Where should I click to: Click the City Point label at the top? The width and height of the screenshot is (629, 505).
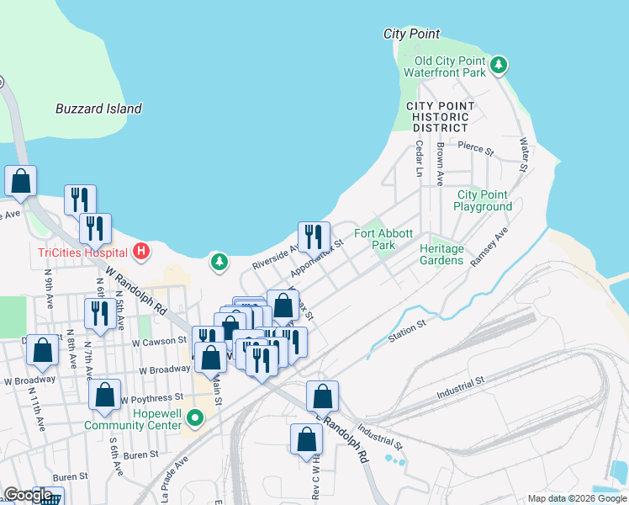pyautogui.click(x=411, y=34)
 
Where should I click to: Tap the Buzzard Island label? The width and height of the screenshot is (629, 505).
pyautogui.click(x=98, y=109)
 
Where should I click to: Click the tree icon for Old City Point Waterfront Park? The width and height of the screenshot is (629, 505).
pyautogui.click(x=499, y=65)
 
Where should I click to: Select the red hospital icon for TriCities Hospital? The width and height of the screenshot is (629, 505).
pyautogui.click(x=141, y=251)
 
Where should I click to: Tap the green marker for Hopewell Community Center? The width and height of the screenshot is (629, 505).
pyautogui.click(x=195, y=417)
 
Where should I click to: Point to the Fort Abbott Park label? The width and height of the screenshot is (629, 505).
pyautogui.click(x=383, y=239)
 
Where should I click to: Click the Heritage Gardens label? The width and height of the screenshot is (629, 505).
pyautogui.click(x=441, y=254)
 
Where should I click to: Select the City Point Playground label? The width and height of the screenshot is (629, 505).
pyautogui.click(x=484, y=200)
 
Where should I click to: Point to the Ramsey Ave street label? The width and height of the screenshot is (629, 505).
pyautogui.click(x=489, y=246)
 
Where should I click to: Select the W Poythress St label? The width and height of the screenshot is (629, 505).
pyautogui.click(x=152, y=397)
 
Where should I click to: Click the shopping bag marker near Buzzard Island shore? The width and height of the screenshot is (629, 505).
pyautogui.click(x=20, y=181)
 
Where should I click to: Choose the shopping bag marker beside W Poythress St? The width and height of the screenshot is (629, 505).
pyautogui.click(x=104, y=396)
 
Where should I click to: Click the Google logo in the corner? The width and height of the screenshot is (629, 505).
pyautogui.click(x=27, y=495)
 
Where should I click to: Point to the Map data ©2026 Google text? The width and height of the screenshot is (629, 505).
pyautogui.click(x=576, y=498)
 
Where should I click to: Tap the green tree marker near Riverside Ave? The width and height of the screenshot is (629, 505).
pyautogui.click(x=219, y=263)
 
